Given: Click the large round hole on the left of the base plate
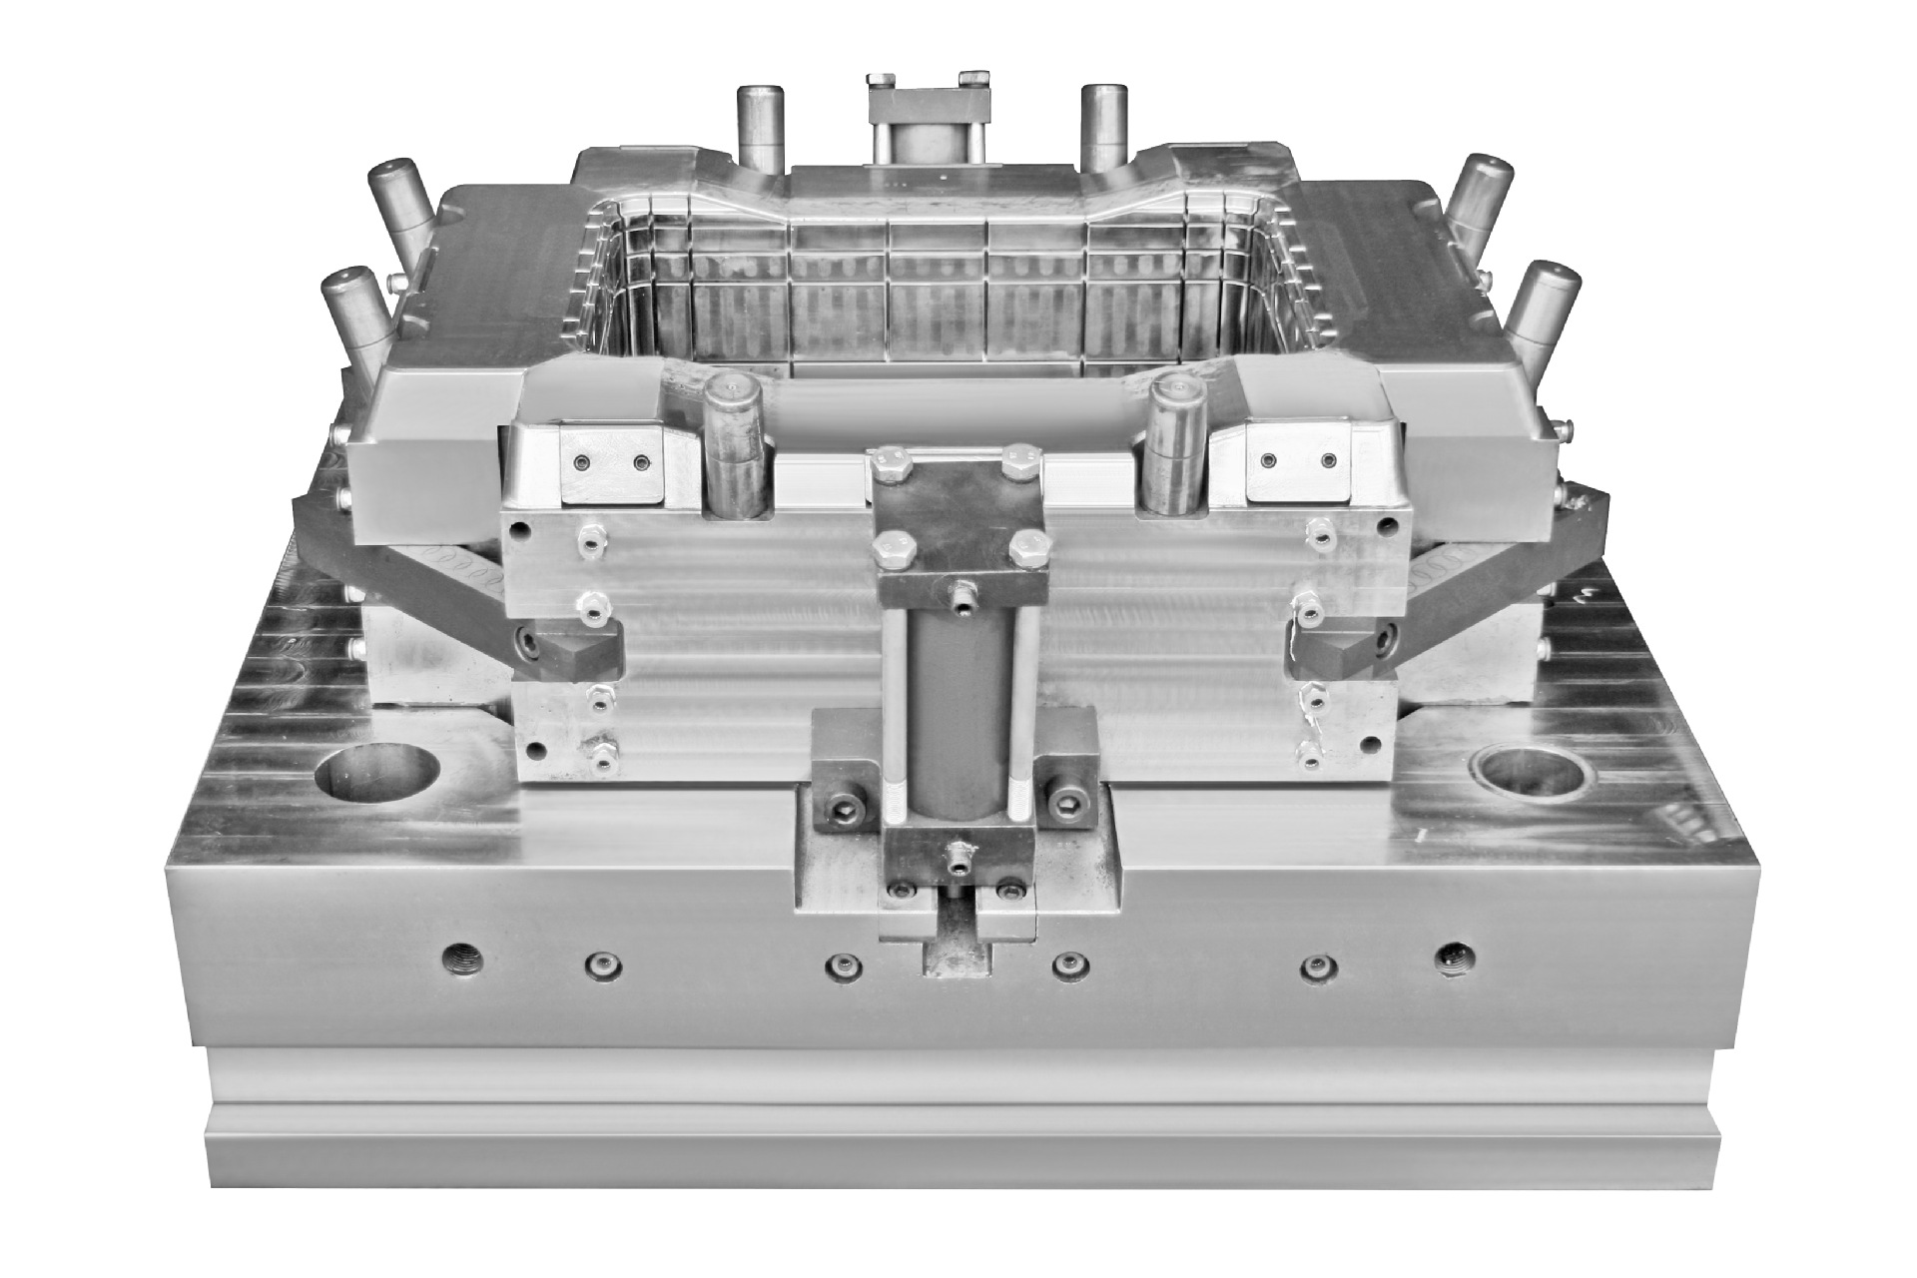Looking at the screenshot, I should tap(376, 779).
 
